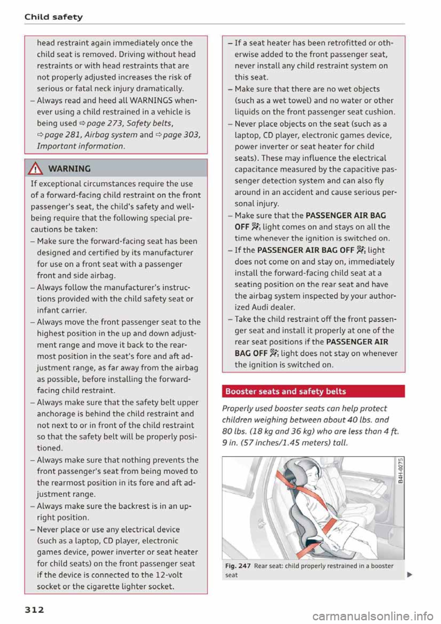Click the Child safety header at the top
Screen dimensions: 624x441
(x=53, y=17)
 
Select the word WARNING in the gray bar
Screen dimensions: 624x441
(x=69, y=169)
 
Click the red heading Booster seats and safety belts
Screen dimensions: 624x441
(x=286, y=391)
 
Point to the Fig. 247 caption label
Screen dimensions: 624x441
(x=237, y=566)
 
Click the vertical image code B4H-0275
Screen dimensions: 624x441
(x=401, y=471)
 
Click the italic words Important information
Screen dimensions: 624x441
(x=80, y=146)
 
